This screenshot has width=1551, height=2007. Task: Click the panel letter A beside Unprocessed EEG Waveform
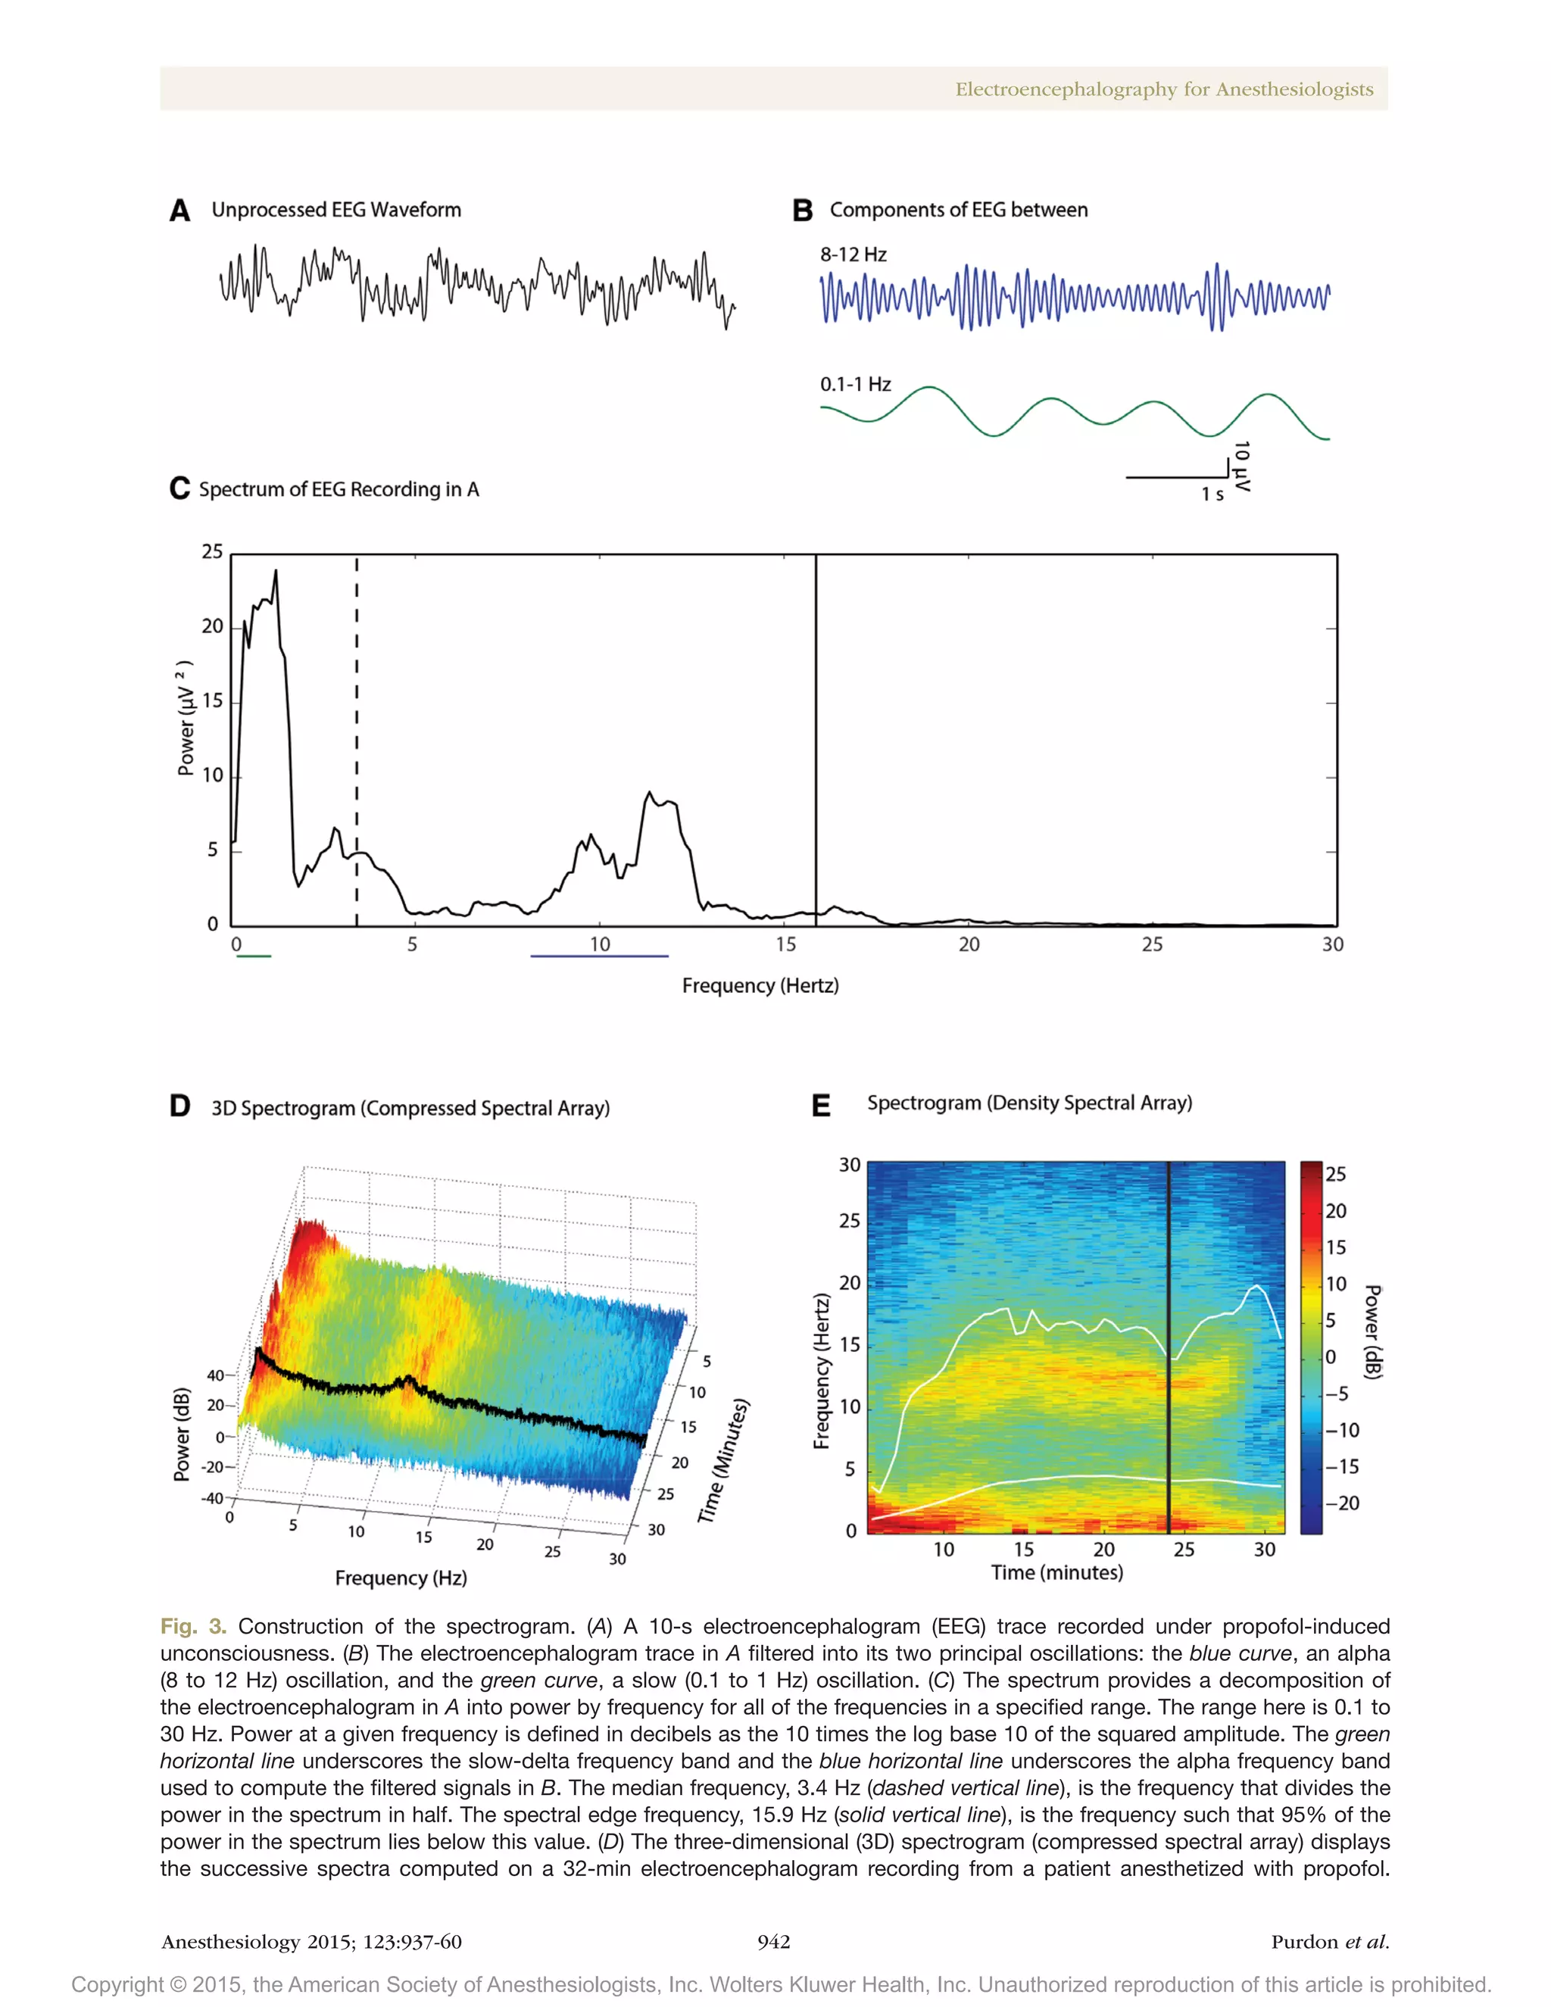tap(180, 211)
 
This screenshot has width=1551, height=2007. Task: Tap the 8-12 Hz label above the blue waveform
tap(853, 254)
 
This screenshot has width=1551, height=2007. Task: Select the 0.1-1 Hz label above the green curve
tap(854, 384)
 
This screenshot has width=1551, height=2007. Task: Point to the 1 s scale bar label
tap(1212, 495)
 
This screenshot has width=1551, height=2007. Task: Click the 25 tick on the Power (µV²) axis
tap(212, 551)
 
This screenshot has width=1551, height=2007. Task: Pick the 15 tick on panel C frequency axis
tap(785, 944)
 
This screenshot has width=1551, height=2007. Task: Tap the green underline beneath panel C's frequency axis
tap(254, 957)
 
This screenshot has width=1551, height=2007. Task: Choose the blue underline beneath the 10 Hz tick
tap(599, 957)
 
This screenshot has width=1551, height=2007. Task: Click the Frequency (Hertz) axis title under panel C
tap(760, 986)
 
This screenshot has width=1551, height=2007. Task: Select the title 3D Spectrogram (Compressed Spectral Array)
tap(410, 1108)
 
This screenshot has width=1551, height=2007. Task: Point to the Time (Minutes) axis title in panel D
tap(724, 1462)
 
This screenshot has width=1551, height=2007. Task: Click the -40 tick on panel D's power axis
tap(212, 1498)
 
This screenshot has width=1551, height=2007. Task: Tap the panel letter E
tap(820, 1106)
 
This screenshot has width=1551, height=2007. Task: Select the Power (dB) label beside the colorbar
tap(1373, 1331)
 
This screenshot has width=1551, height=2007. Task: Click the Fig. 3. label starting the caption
tap(193, 1627)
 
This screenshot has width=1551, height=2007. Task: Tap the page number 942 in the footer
tap(774, 1942)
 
